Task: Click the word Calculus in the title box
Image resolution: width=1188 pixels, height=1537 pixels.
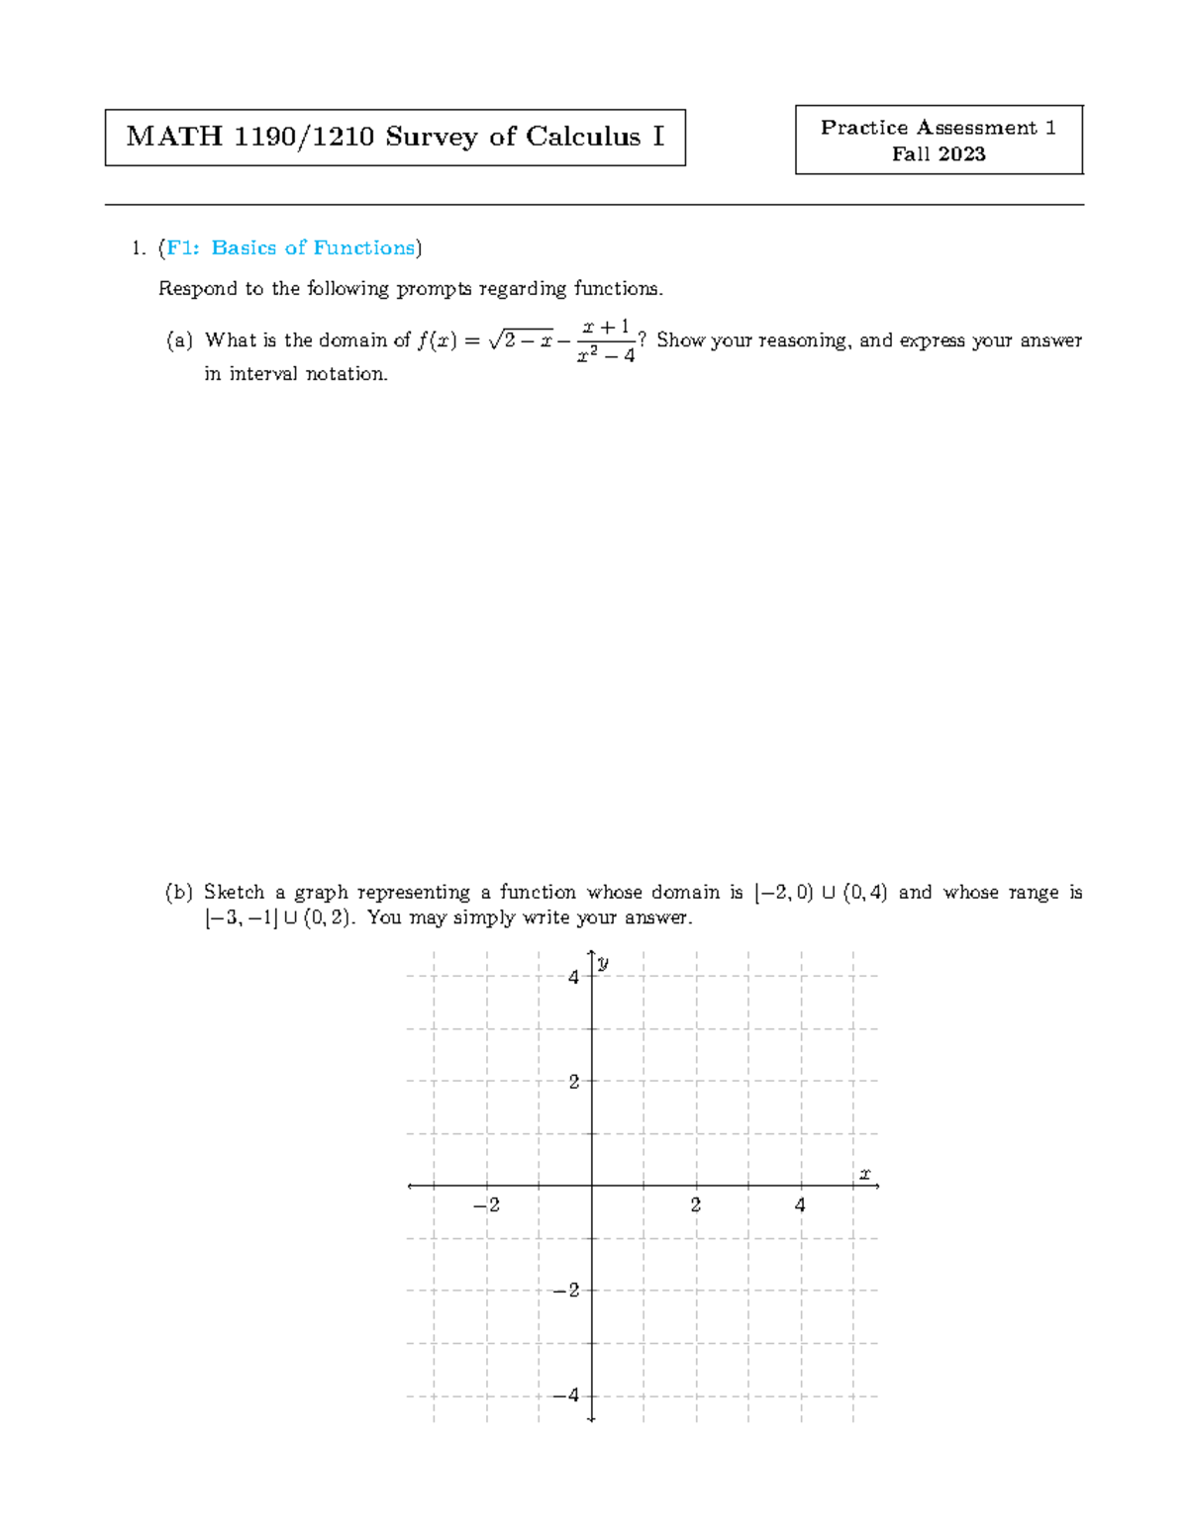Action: pyautogui.click(x=582, y=137)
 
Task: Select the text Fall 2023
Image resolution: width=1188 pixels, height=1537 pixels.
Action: pyautogui.click(x=938, y=153)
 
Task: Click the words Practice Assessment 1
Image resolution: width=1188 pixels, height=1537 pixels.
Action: pyautogui.click(x=938, y=128)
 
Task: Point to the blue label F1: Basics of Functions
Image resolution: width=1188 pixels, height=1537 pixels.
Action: pyautogui.click(x=290, y=247)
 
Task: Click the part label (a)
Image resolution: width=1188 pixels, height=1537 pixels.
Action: pyautogui.click(x=179, y=340)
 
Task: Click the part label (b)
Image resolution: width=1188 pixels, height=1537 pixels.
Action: pyautogui.click(x=179, y=893)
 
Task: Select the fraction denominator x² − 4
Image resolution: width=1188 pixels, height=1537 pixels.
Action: pyautogui.click(x=605, y=356)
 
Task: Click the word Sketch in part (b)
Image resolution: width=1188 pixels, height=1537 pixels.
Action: pyautogui.click(x=234, y=893)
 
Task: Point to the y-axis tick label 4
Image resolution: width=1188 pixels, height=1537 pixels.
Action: pyautogui.click(x=573, y=977)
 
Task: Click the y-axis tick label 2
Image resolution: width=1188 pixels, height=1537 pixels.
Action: pyautogui.click(x=573, y=1082)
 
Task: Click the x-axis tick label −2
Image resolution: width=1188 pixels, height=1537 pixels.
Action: pyautogui.click(x=485, y=1205)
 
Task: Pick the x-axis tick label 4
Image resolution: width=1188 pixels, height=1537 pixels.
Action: pyautogui.click(x=800, y=1205)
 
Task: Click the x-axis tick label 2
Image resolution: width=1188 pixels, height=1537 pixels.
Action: pyautogui.click(x=696, y=1205)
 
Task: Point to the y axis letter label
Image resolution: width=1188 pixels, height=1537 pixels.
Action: pyautogui.click(x=603, y=962)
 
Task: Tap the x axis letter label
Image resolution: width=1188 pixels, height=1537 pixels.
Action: pyautogui.click(x=864, y=1174)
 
